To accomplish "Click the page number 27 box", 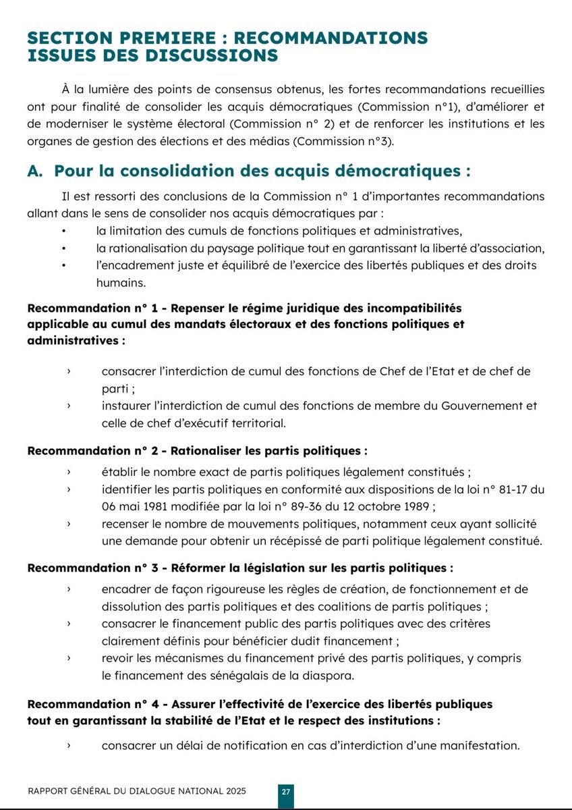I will (286, 792).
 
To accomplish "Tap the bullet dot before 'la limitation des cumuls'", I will (64, 230).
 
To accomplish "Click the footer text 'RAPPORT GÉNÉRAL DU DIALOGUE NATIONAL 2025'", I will (137, 791).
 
